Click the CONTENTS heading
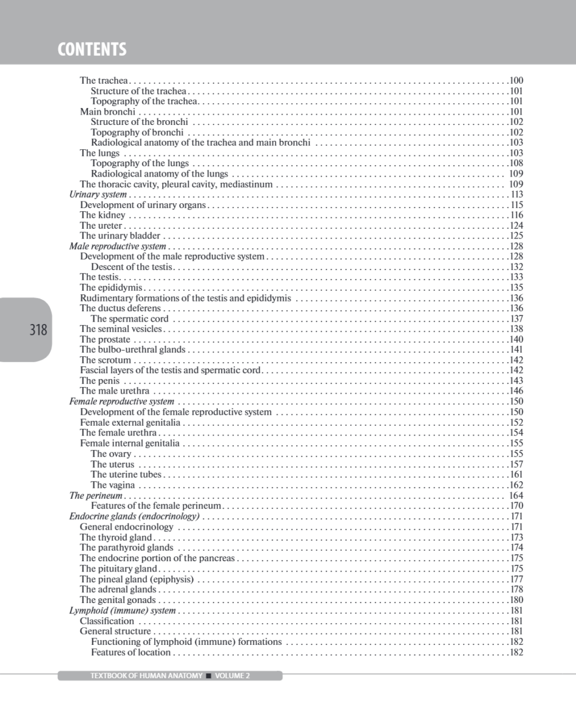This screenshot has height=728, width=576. point(92,49)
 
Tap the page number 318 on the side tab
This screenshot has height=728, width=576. point(38,330)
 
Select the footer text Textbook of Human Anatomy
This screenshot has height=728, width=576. point(146,676)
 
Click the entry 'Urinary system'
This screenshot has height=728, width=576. point(98,195)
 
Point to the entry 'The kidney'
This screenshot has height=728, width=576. point(103,215)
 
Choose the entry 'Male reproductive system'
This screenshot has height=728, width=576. point(117,246)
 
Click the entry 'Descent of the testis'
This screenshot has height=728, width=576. point(132,267)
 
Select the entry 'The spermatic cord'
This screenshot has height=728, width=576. point(130,318)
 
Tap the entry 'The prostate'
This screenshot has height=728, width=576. point(105,340)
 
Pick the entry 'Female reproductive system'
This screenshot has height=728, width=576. point(121,402)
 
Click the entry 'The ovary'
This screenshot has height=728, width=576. point(111,454)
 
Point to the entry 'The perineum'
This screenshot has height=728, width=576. point(96,496)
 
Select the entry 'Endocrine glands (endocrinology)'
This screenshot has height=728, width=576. point(134,516)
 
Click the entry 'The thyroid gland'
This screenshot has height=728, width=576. point(116,538)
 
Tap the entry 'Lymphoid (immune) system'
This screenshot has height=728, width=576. point(122,611)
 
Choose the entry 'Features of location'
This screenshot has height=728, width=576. point(130,653)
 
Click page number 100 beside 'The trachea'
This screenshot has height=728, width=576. point(516,81)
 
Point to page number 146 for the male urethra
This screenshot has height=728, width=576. point(516,391)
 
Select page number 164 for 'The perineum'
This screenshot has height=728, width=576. point(516,496)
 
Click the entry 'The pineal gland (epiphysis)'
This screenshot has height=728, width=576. point(137,579)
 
